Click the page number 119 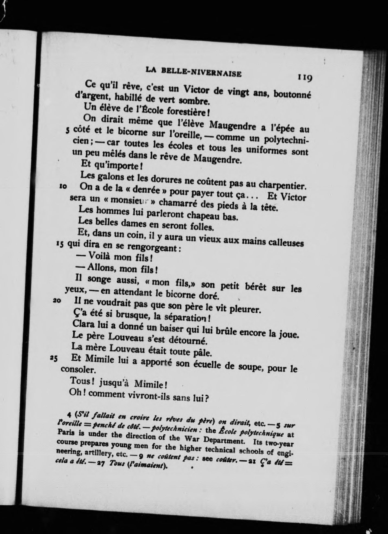(x=305, y=78)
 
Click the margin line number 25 (x=53, y=358)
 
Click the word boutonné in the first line (x=292, y=94)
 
